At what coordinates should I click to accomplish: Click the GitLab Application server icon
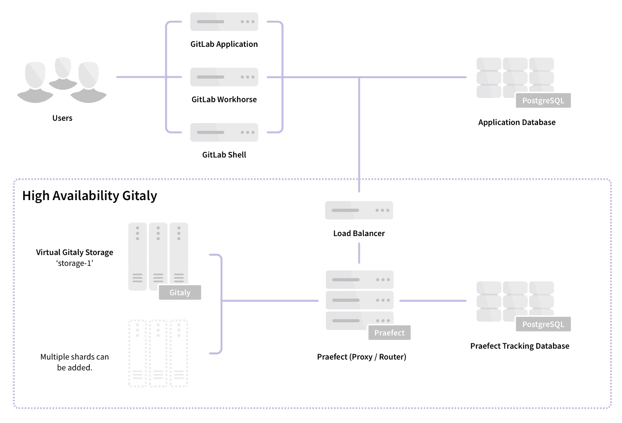click(x=224, y=22)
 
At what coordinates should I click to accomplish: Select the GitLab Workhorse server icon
click(x=224, y=77)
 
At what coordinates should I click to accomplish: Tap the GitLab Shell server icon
click(x=224, y=132)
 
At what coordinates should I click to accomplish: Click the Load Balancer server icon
click(x=359, y=210)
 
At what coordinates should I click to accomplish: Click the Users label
click(x=62, y=118)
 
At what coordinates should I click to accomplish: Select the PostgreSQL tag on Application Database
click(x=543, y=101)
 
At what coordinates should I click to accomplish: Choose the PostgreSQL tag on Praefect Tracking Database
click(x=543, y=324)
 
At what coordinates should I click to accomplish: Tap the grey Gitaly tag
click(x=180, y=293)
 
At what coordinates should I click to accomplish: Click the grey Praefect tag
click(x=389, y=333)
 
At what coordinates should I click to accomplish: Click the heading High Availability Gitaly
click(x=90, y=196)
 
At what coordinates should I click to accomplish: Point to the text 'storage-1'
click(x=75, y=264)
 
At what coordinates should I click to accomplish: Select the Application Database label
click(x=516, y=122)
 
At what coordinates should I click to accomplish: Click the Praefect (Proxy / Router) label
click(x=361, y=357)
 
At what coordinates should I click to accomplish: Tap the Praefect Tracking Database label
click(x=520, y=346)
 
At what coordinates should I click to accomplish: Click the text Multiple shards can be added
click(x=75, y=362)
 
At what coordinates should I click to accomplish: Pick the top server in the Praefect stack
click(x=360, y=279)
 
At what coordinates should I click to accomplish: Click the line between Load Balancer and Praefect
click(x=359, y=253)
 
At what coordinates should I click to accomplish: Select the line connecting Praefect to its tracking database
click(x=433, y=301)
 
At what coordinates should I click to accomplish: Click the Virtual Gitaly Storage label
click(x=75, y=252)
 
